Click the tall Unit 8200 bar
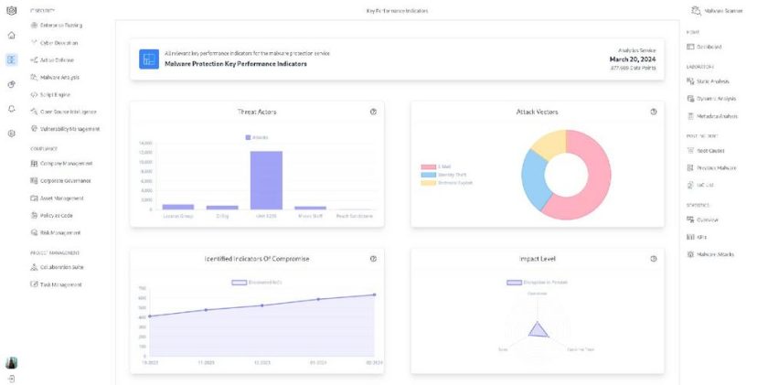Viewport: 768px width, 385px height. [266, 180]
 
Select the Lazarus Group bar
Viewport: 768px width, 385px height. [177, 207]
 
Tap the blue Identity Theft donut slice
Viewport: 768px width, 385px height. [533, 183]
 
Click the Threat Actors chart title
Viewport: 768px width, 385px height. [256, 112]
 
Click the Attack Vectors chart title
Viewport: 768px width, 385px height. [537, 112]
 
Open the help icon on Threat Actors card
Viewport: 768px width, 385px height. [373, 112]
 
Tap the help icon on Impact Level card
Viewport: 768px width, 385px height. [654, 259]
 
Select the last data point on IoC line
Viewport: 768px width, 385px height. [374, 294]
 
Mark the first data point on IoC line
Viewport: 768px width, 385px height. [149, 316]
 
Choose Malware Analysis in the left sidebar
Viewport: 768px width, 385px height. [59, 77]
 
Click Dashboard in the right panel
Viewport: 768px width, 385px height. [709, 46]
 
